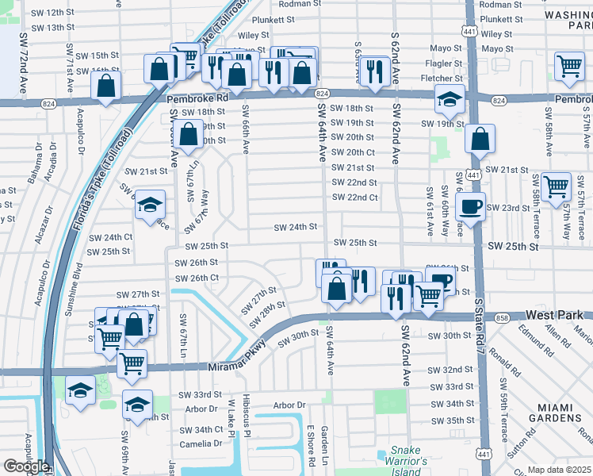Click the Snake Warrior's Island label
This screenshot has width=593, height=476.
pos(406,459)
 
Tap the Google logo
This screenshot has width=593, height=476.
pos(25,466)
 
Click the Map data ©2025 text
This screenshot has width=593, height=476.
pos(559,470)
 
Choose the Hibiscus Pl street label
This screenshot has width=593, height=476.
pos(247,413)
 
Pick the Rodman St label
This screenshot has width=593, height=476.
pos(296,4)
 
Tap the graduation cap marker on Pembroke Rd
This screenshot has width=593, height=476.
pos(449,99)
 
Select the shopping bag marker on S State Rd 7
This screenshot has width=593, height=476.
pos(480,139)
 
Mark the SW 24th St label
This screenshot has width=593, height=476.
pos(295,227)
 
